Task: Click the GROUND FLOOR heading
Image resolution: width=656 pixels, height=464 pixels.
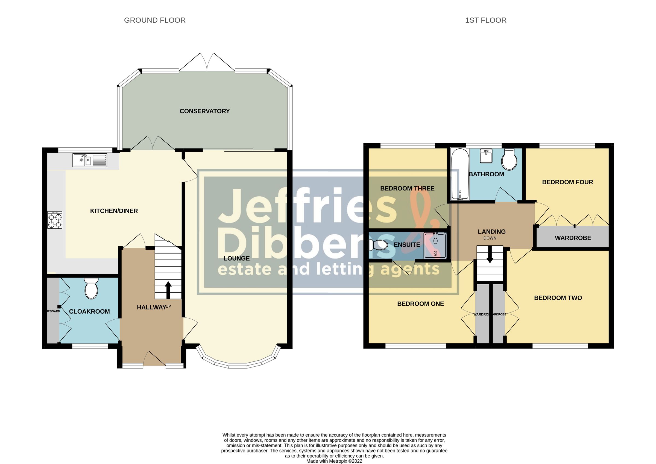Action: [155, 20]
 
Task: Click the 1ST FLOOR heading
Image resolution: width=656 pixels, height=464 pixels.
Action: [485, 20]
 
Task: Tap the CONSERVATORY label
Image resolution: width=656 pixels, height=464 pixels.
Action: [204, 111]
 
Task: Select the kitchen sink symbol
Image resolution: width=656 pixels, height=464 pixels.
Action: [90, 160]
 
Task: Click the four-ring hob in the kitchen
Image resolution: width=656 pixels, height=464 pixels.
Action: [55, 220]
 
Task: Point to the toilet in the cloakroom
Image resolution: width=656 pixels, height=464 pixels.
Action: [91, 288]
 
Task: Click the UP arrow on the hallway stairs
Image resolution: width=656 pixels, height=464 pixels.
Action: [168, 290]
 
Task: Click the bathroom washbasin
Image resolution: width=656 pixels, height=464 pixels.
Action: [486, 156]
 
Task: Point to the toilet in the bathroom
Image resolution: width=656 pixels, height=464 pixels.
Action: [509, 160]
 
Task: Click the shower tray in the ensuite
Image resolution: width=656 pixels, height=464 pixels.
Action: [435, 246]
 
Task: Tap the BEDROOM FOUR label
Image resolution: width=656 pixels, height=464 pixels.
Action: [567, 182]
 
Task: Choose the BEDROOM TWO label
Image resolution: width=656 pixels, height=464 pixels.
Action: [558, 298]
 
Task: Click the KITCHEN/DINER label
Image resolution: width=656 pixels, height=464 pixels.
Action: [114, 211]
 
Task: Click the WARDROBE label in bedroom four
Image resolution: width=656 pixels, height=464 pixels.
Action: [573, 238]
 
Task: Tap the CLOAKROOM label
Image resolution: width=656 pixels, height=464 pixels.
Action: [89, 312]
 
